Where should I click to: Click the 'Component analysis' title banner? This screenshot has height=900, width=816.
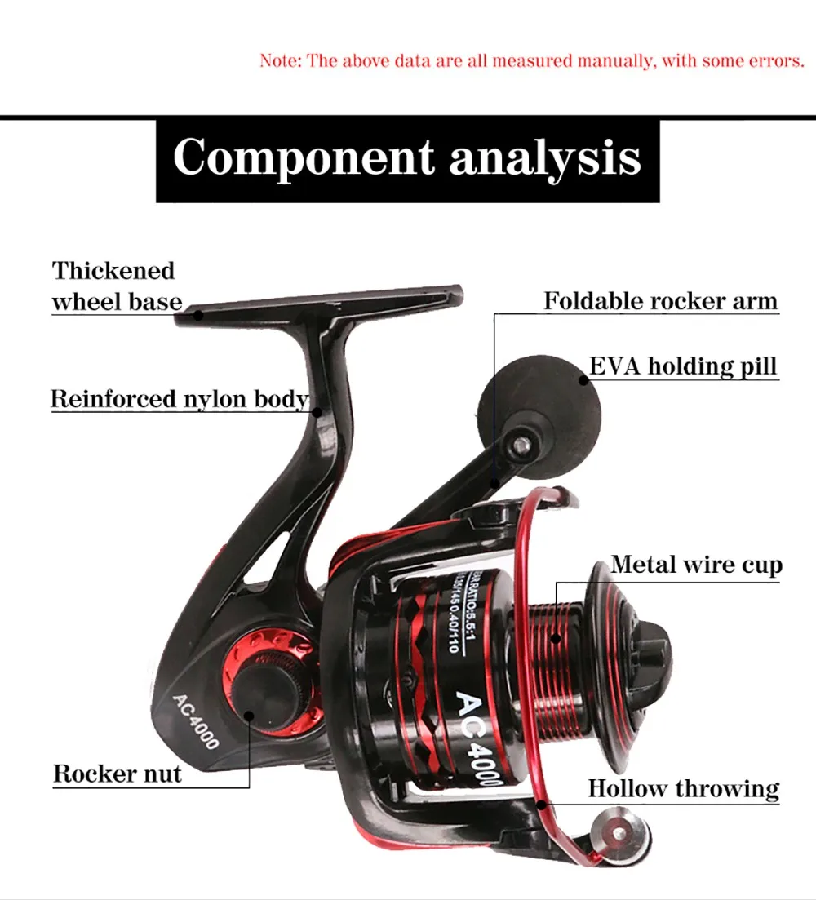[407, 158]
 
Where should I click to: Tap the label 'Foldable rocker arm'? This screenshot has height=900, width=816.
[660, 301]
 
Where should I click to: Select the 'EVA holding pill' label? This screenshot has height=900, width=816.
[683, 366]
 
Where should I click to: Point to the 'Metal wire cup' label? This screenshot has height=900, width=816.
[696, 565]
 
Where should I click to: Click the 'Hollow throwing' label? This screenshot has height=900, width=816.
[683, 788]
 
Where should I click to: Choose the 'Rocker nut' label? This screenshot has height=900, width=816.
[118, 773]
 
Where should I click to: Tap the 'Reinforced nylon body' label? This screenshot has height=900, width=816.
[180, 399]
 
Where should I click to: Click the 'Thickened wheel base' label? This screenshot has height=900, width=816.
[116, 286]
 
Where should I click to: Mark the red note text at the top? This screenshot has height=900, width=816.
[531, 61]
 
